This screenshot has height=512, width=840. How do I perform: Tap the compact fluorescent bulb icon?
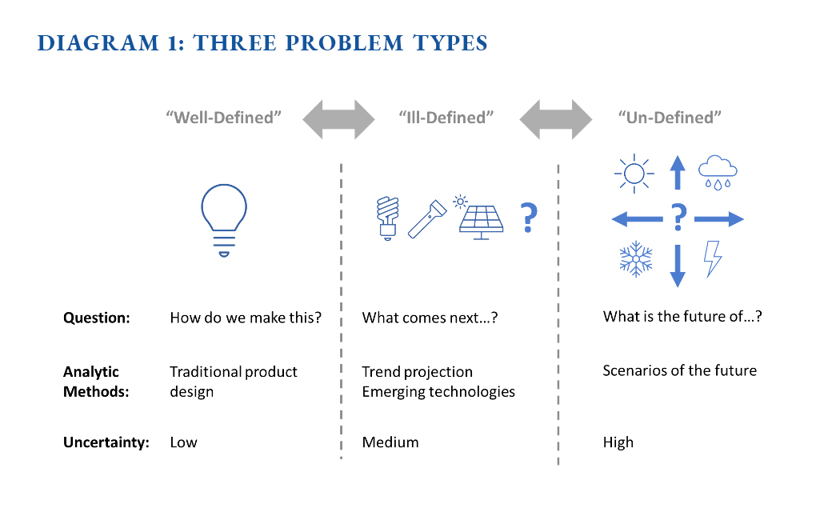point(387,218)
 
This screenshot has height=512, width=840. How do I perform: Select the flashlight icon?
point(427,219)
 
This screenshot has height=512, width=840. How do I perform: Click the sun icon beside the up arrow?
point(634,174)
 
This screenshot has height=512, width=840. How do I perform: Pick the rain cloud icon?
point(718,172)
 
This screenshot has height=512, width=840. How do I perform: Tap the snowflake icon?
point(636,258)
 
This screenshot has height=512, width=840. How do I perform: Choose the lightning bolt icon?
point(713,258)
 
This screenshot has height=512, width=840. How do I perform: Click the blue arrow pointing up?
point(678,173)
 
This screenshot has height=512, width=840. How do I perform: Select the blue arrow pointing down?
point(678,266)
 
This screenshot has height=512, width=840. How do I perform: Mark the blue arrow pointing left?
point(638,219)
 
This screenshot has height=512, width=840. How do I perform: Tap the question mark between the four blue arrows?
point(678,217)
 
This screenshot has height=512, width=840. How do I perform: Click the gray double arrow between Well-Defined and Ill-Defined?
point(338,119)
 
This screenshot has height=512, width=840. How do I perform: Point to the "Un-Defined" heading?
point(670,118)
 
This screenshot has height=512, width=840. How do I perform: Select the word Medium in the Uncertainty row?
point(390,442)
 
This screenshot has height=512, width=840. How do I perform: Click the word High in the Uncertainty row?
point(618,442)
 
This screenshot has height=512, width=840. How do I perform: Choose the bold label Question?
point(97,318)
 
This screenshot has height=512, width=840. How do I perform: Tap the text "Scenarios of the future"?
point(679,370)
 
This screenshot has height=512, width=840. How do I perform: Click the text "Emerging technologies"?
point(438,392)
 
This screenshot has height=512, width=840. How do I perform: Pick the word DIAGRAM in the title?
point(98,43)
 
